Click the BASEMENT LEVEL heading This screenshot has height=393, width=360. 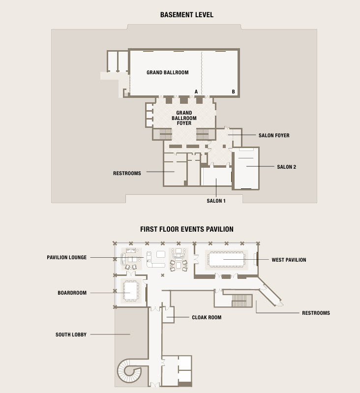pyautogui.click(x=186, y=15)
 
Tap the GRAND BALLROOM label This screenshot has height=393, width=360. pyautogui.click(x=168, y=72)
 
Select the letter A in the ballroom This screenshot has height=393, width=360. pyautogui.click(x=196, y=92)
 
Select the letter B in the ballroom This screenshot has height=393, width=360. pyautogui.click(x=233, y=92)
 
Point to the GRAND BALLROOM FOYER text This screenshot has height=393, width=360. pyautogui.click(x=184, y=118)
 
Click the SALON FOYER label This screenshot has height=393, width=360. pyautogui.click(x=274, y=135)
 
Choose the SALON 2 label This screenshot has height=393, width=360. pyautogui.click(x=287, y=167)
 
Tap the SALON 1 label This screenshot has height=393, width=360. pyautogui.click(x=216, y=201)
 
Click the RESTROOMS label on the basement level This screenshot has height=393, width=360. pyautogui.click(x=127, y=173)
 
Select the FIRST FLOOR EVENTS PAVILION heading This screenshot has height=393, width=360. pyautogui.click(x=186, y=229)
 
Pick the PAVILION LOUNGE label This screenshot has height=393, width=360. pyautogui.click(x=66, y=257)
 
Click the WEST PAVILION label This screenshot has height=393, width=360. pyautogui.click(x=289, y=260)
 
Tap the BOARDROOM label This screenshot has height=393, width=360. pyautogui.click(x=72, y=293)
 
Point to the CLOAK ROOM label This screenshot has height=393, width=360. pyautogui.click(x=207, y=317)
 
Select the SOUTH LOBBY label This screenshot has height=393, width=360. pyautogui.click(x=71, y=334)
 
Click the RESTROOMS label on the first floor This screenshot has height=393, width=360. pyautogui.click(x=316, y=313)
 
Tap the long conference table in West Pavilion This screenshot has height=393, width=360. pyautogui.click(x=226, y=259)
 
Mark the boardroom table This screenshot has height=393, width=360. pyautogui.click(x=130, y=291)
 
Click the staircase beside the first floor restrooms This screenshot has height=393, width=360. pyautogui.click(x=240, y=301)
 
